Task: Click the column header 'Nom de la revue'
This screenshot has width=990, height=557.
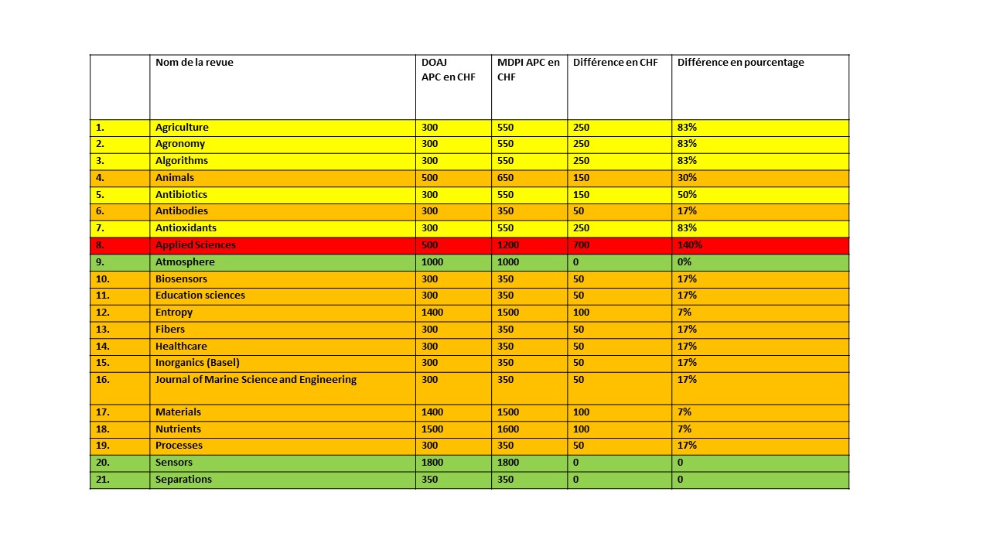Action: click(194, 63)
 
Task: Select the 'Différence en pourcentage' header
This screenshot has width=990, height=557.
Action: click(740, 63)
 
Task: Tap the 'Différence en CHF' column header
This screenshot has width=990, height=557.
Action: click(616, 63)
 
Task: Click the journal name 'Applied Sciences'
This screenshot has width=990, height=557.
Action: click(195, 245)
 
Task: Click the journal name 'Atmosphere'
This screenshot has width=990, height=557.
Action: click(185, 262)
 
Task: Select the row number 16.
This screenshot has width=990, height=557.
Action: click(103, 380)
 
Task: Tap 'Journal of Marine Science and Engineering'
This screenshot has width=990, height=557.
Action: click(256, 380)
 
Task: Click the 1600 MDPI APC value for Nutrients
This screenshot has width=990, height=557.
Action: click(509, 429)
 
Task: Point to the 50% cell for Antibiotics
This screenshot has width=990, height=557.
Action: click(687, 195)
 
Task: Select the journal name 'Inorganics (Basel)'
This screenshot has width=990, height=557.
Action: click(197, 363)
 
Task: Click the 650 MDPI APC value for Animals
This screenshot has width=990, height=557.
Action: click(506, 178)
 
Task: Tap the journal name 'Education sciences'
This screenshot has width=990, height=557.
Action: click(200, 296)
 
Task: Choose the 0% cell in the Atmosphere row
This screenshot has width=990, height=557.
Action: click(684, 262)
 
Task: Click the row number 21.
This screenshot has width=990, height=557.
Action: click(103, 480)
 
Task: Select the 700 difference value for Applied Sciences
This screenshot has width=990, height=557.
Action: click(581, 245)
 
